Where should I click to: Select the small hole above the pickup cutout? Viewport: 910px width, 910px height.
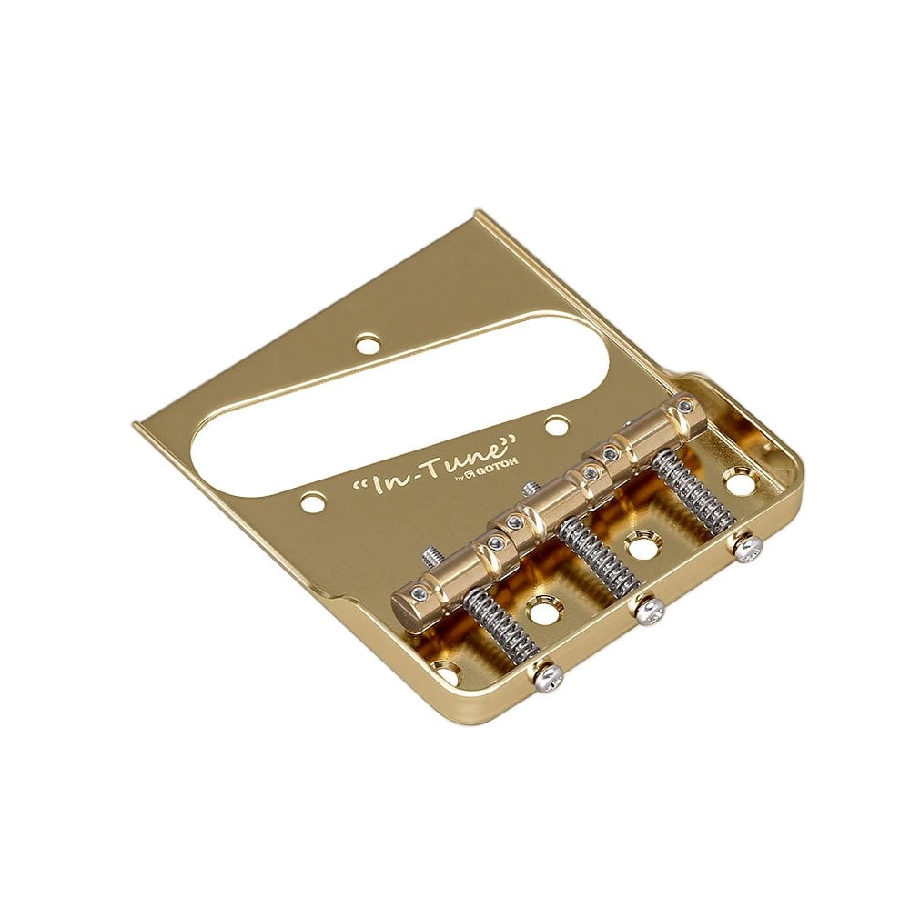[367, 344]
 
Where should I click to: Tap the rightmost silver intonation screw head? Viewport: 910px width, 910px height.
[747, 549]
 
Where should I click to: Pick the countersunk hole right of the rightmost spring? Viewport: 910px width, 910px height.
[739, 480]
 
